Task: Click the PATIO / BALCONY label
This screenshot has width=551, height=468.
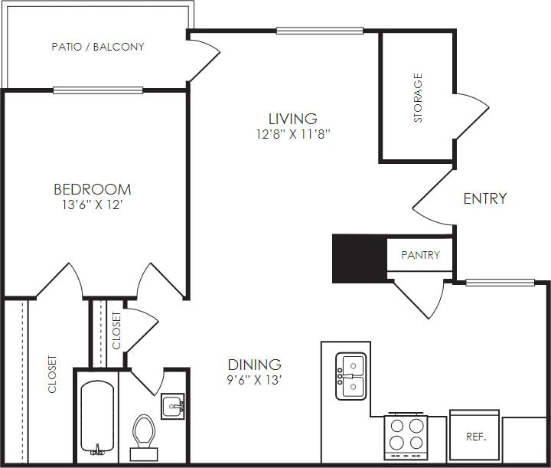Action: (98, 47)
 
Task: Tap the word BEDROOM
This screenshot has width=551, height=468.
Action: (92, 189)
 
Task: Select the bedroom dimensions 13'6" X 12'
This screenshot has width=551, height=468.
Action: (92, 205)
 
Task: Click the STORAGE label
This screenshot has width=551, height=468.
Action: (418, 98)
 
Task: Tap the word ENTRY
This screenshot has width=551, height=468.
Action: (485, 198)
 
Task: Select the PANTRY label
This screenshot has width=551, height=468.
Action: (420, 255)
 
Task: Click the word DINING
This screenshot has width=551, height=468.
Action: (255, 365)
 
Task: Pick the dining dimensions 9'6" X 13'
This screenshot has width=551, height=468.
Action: (255, 381)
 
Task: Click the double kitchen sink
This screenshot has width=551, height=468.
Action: (351, 376)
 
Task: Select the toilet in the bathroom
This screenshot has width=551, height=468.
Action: (144, 433)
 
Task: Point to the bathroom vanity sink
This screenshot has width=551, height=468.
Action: (172, 404)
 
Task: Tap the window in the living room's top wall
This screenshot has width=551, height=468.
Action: (319, 31)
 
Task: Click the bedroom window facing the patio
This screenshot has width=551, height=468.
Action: (98, 90)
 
